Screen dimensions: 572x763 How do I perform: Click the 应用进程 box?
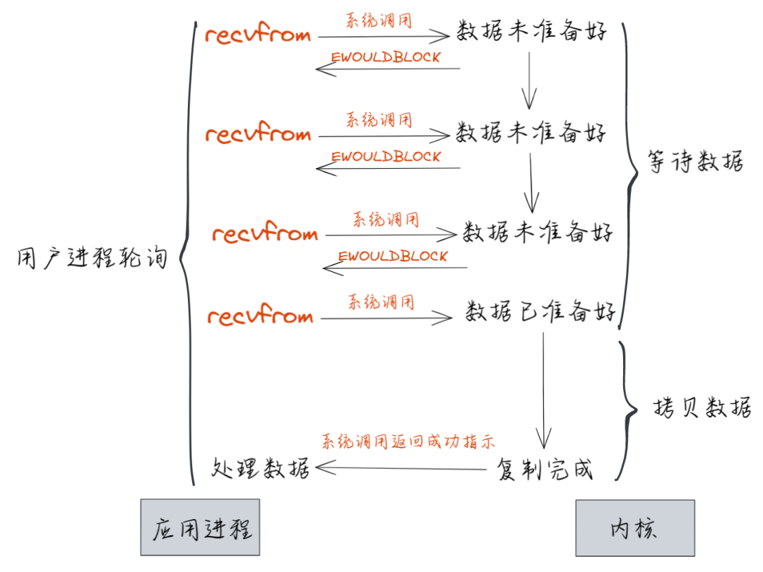[x=200, y=528]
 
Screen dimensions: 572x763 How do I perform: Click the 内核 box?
[x=634, y=528]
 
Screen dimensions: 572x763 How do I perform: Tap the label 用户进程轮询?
[x=92, y=258]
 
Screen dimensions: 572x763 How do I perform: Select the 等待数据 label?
[x=695, y=162]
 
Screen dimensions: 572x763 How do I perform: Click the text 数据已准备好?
[x=540, y=311]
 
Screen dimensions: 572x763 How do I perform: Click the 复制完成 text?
[x=545, y=469]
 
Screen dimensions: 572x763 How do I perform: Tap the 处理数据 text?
[x=261, y=467]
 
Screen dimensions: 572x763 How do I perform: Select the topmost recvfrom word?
[x=258, y=35]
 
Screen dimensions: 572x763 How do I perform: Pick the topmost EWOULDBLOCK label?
[x=386, y=57]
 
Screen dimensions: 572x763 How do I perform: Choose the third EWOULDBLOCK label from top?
[x=393, y=256]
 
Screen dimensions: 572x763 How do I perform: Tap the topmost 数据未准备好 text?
[x=531, y=32]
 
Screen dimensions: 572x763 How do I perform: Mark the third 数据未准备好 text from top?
[x=538, y=232]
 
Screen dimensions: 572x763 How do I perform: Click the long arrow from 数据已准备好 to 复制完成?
[x=543, y=388]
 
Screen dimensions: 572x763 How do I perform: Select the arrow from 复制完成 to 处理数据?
[x=403, y=467]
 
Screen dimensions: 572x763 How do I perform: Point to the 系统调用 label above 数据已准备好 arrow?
[x=381, y=303]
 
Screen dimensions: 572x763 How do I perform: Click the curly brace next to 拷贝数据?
[x=625, y=410]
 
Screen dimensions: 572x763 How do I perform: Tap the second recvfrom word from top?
[x=258, y=134]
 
